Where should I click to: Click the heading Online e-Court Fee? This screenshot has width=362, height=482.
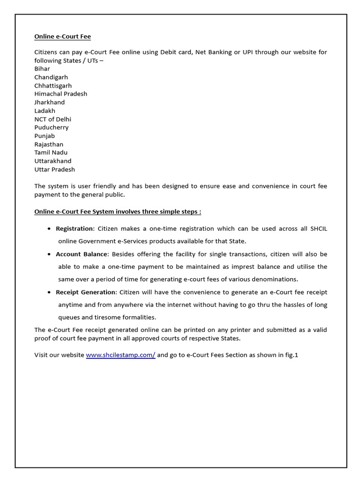(62, 37)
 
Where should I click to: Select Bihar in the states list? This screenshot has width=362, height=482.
(42, 69)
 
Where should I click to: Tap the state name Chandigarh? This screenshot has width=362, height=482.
(51, 77)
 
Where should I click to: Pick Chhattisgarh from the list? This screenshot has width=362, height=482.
(53, 86)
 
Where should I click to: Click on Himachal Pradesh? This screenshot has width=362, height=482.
(60, 94)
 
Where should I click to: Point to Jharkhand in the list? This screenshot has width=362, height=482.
(49, 102)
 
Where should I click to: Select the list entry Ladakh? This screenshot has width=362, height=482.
(45, 111)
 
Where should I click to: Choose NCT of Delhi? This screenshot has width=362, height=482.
(53, 119)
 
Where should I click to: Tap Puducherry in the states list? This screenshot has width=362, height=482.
(51, 128)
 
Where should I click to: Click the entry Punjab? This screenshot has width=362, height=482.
(44, 136)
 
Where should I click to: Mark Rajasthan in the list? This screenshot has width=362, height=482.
(49, 145)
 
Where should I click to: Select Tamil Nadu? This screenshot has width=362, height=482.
(51, 153)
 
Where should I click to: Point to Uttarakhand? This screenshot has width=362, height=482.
(53, 161)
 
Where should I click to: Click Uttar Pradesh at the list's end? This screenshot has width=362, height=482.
(55, 169)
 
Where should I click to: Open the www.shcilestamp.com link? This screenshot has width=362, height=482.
(120, 355)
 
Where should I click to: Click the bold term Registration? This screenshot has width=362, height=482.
(75, 229)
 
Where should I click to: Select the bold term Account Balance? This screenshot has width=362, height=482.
(82, 254)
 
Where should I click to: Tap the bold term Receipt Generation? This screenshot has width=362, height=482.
(85, 292)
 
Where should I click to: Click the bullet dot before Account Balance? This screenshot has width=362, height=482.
(50, 254)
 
